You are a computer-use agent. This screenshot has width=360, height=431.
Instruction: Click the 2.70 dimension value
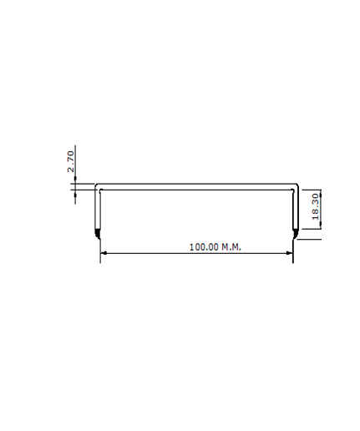[x=71, y=161]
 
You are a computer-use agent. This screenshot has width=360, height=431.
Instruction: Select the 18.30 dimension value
[x=316, y=207]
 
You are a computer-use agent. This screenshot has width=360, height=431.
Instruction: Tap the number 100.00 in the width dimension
[x=204, y=247]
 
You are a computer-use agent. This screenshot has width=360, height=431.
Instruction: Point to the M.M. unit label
[x=231, y=247]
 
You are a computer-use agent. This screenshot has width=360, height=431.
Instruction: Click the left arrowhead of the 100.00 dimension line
[x=104, y=253]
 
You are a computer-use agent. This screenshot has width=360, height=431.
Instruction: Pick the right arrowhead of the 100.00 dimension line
[x=290, y=253]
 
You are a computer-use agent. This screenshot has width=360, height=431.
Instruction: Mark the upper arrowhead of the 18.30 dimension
[x=321, y=193]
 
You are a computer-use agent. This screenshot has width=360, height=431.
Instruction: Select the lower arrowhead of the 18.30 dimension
[x=321, y=226]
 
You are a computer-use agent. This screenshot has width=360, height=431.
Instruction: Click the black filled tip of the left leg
[x=98, y=234]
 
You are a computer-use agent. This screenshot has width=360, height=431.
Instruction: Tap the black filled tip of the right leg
[x=296, y=234]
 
